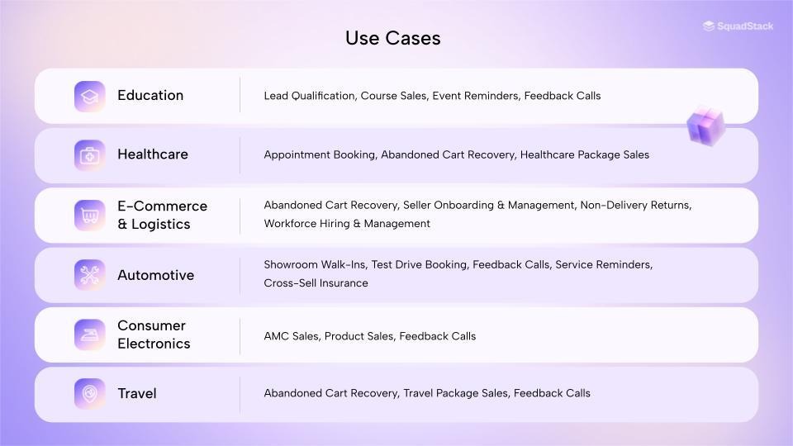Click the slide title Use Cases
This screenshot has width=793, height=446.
[x=392, y=38]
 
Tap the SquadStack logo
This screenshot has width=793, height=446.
[x=738, y=26]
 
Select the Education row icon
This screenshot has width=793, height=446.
[x=89, y=96]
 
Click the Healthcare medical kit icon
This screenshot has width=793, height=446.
[x=89, y=155]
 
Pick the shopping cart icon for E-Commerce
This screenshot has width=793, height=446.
[x=89, y=215]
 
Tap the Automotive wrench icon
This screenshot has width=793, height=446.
[x=89, y=275]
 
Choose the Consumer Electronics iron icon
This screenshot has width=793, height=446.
[x=89, y=334]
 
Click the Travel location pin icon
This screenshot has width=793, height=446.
[x=89, y=394]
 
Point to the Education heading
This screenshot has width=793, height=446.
[x=150, y=95]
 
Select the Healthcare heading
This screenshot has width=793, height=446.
[x=153, y=154]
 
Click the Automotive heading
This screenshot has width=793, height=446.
[x=155, y=275]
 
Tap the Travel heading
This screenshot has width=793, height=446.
[x=137, y=393]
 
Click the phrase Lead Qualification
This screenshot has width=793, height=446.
[x=309, y=96]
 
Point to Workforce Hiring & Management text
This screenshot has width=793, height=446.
[x=347, y=224]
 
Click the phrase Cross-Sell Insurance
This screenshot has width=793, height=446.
[x=316, y=283]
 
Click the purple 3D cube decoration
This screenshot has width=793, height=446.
[x=705, y=126]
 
